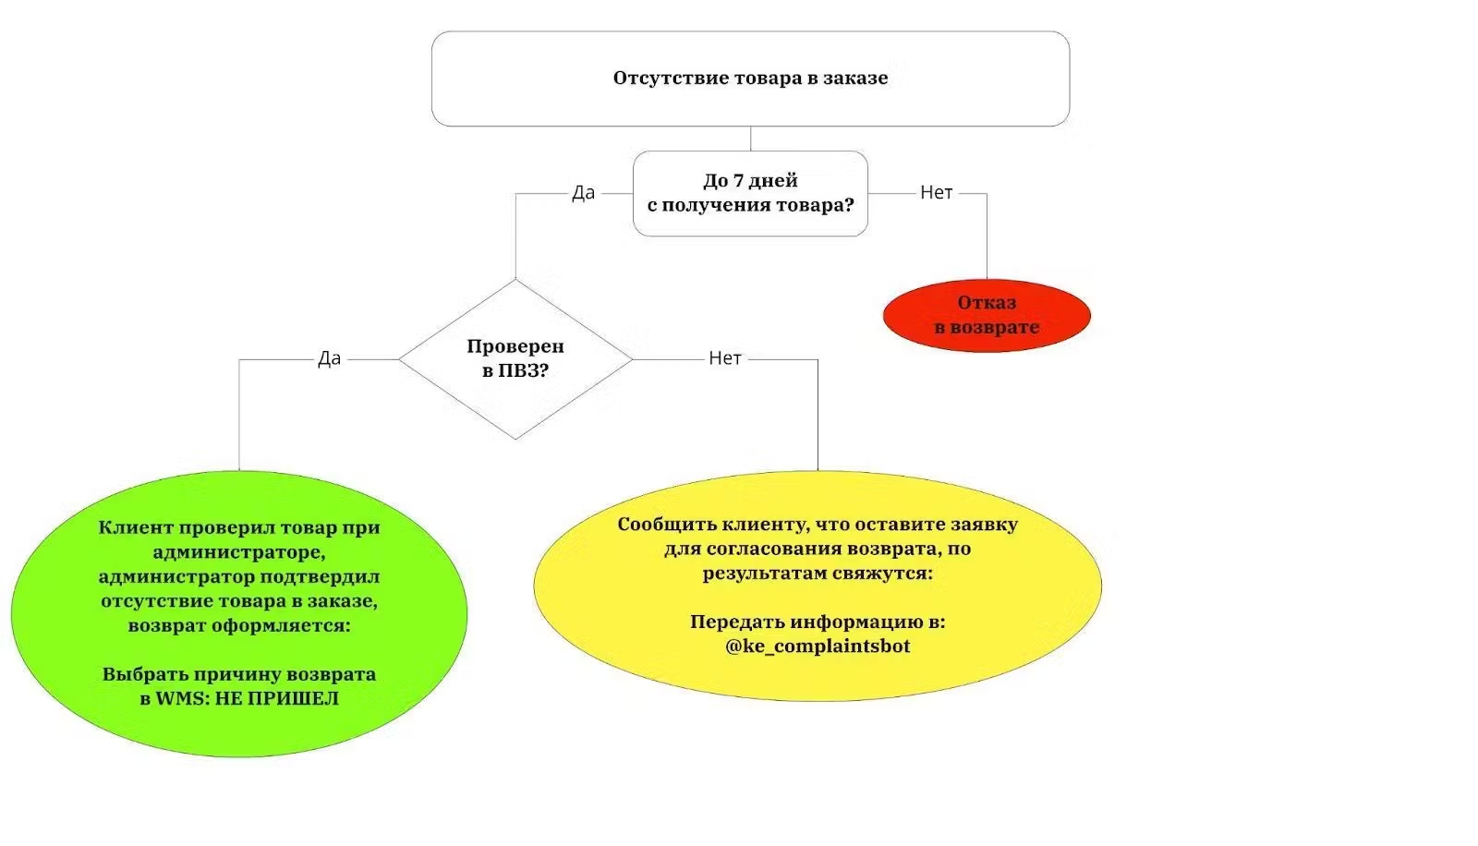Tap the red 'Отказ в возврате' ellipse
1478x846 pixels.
[x=987, y=315]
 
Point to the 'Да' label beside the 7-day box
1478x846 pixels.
[x=583, y=193]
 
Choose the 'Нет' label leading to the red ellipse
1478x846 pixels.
[x=936, y=193]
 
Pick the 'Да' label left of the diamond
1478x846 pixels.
[x=329, y=358]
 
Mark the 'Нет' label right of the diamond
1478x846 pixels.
[x=725, y=358]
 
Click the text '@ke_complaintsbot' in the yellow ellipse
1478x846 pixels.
[x=818, y=647]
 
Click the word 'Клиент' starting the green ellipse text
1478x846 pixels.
[x=136, y=528]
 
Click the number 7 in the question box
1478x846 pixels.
[x=738, y=181]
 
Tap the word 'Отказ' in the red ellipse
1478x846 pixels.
[x=987, y=303]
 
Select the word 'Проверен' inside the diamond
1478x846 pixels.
[x=515, y=346]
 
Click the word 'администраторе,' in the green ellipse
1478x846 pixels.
[x=239, y=552]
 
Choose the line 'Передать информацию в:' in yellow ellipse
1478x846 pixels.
[x=818, y=622]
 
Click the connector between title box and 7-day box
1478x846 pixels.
[x=750, y=139]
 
